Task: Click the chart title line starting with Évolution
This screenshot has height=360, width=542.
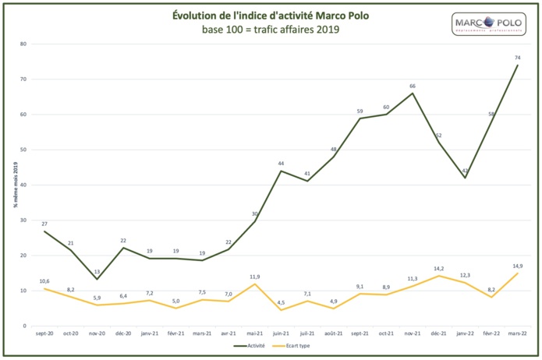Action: click(x=271, y=16)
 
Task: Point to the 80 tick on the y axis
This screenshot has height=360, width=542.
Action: click(x=23, y=44)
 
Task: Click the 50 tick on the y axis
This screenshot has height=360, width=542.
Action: click(x=23, y=150)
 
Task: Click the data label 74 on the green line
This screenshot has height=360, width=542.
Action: click(x=517, y=58)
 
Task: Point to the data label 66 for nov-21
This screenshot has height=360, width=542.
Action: click(x=412, y=86)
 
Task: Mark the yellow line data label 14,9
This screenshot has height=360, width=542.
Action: click(x=517, y=266)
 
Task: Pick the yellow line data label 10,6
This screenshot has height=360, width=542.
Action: click(x=45, y=281)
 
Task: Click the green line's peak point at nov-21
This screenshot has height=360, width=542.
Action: click(x=412, y=94)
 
